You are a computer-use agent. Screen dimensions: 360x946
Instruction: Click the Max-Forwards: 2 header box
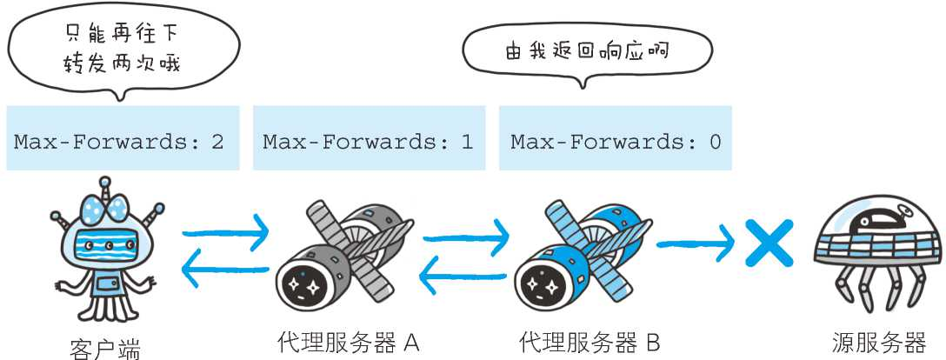pos(120,139)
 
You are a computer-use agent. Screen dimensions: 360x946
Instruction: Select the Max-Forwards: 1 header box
pos(368,139)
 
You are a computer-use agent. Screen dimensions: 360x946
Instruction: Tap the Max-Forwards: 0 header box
pos(616,139)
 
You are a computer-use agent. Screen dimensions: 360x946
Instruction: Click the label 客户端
pos(104,349)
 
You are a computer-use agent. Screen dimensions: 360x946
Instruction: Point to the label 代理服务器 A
pos(348,341)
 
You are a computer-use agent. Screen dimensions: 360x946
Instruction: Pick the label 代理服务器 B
pos(589,341)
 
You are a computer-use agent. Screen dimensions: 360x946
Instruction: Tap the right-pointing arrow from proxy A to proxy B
pos(465,234)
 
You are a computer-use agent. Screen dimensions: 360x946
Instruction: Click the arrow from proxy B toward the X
pos(696,244)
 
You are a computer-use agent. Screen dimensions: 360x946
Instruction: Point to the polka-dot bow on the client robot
pos(105,205)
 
